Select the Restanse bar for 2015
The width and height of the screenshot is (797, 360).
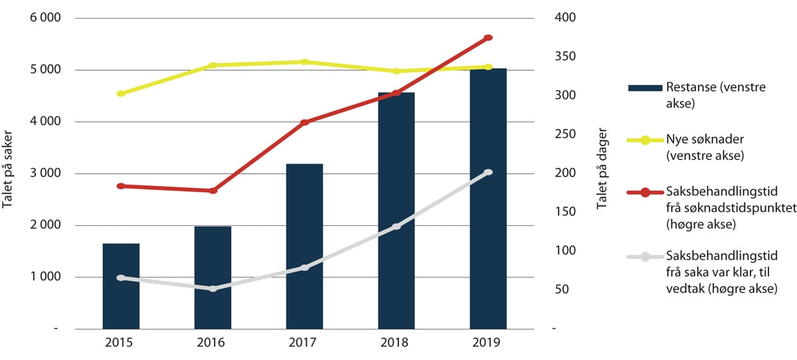pos(121,286)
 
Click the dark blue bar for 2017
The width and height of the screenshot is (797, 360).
pos(305,246)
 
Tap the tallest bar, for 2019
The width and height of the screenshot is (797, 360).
pos(488,199)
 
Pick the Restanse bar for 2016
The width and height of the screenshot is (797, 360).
pos(213,278)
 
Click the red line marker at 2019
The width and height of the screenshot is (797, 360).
pos(488,38)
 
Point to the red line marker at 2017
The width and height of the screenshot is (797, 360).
pos(305,122)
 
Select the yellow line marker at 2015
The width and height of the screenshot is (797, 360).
pos(121,94)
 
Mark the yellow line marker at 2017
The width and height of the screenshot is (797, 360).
pos(305,62)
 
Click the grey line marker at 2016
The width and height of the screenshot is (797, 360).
pos(213,289)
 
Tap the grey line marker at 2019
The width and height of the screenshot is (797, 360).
pos(488,173)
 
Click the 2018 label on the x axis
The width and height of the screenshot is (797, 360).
pos(397,343)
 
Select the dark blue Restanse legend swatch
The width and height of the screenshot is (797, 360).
pos(645,88)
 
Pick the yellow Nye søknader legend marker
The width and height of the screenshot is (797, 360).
pos(645,140)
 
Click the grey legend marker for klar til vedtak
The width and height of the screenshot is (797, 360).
pos(645,257)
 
